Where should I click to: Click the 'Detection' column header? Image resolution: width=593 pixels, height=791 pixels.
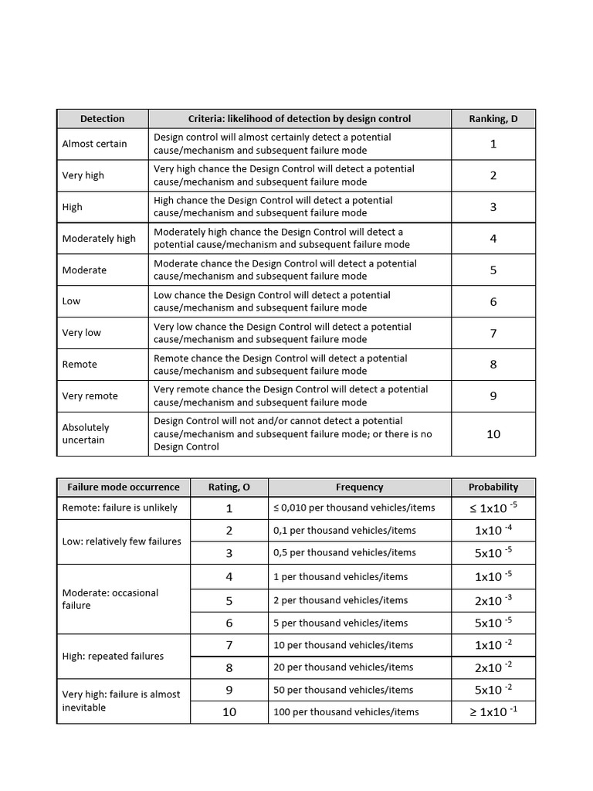coord(102,118)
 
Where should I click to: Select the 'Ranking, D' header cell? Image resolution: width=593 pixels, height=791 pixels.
coord(493,118)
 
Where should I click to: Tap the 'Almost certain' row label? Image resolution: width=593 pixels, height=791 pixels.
coord(94,144)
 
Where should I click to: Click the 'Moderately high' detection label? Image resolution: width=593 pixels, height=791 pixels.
coord(99,239)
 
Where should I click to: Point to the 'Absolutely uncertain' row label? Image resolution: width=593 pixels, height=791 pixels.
coord(86,433)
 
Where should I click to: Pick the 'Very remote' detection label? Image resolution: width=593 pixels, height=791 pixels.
coord(90,396)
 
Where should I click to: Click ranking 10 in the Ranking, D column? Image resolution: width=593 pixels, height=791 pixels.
coord(493,434)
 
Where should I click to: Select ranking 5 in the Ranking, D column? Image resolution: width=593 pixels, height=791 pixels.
coord(493,270)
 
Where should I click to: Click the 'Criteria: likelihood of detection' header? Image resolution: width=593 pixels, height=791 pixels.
coord(300,118)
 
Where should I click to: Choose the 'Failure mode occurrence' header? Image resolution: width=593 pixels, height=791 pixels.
coord(123,487)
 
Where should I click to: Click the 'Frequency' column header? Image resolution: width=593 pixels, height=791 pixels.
coord(359,487)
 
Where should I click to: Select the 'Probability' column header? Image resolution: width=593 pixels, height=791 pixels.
coord(493,487)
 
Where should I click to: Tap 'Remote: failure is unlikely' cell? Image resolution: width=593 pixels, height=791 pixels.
coord(120,508)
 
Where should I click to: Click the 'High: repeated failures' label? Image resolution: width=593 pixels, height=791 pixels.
coord(113,656)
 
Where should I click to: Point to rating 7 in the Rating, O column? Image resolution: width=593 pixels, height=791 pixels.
coord(229,645)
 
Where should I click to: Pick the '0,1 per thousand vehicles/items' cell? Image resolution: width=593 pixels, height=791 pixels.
coord(344,530)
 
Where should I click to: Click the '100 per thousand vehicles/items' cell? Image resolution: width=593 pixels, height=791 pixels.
coord(346,711)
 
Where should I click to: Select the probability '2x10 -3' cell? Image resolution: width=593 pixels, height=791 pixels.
coord(493,600)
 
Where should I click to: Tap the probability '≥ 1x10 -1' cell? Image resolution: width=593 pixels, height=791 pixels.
coord(493,711)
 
